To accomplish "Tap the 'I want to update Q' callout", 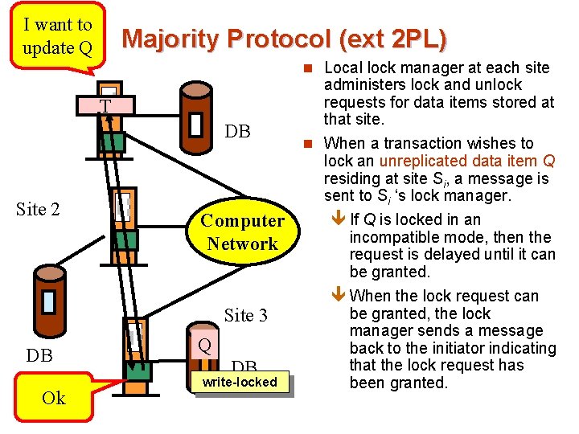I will point(57,37).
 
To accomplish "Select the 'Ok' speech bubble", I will point(53,398).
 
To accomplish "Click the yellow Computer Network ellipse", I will point(242,232).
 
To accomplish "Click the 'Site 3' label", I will point(245,315).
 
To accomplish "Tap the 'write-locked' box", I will point(239,382).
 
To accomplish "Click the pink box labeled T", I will point(105,106).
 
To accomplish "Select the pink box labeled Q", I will point(204,345).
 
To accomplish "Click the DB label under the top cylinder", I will point(237,132).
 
